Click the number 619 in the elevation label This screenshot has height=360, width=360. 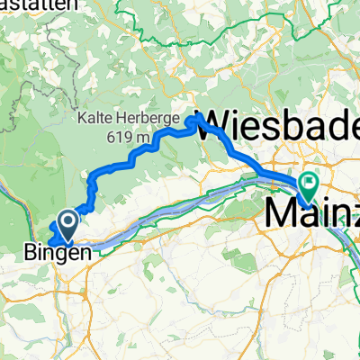tap(117, 138)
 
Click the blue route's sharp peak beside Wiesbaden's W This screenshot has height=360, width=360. tap(195, 117)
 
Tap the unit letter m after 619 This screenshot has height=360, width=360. tap(140, 138)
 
